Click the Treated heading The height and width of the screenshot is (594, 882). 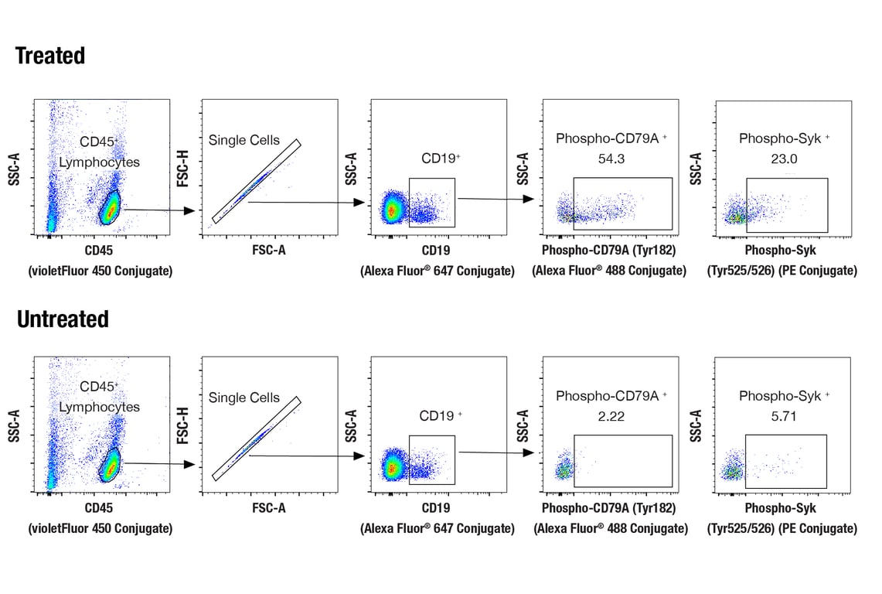50,56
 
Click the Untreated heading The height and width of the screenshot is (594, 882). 63,319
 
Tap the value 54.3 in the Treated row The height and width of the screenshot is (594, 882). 611,159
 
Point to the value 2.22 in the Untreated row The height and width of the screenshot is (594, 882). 611,416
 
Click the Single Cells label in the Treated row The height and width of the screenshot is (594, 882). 244,140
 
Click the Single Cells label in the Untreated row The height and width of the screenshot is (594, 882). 244,398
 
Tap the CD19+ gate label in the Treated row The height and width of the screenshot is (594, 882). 441,159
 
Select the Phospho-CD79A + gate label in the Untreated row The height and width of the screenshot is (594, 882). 611,396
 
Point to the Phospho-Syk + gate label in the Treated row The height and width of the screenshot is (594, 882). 784,138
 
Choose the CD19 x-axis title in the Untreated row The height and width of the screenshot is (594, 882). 437,508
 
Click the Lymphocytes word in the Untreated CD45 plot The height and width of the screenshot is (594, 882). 100,407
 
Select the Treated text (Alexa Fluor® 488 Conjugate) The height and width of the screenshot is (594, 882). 609,271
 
